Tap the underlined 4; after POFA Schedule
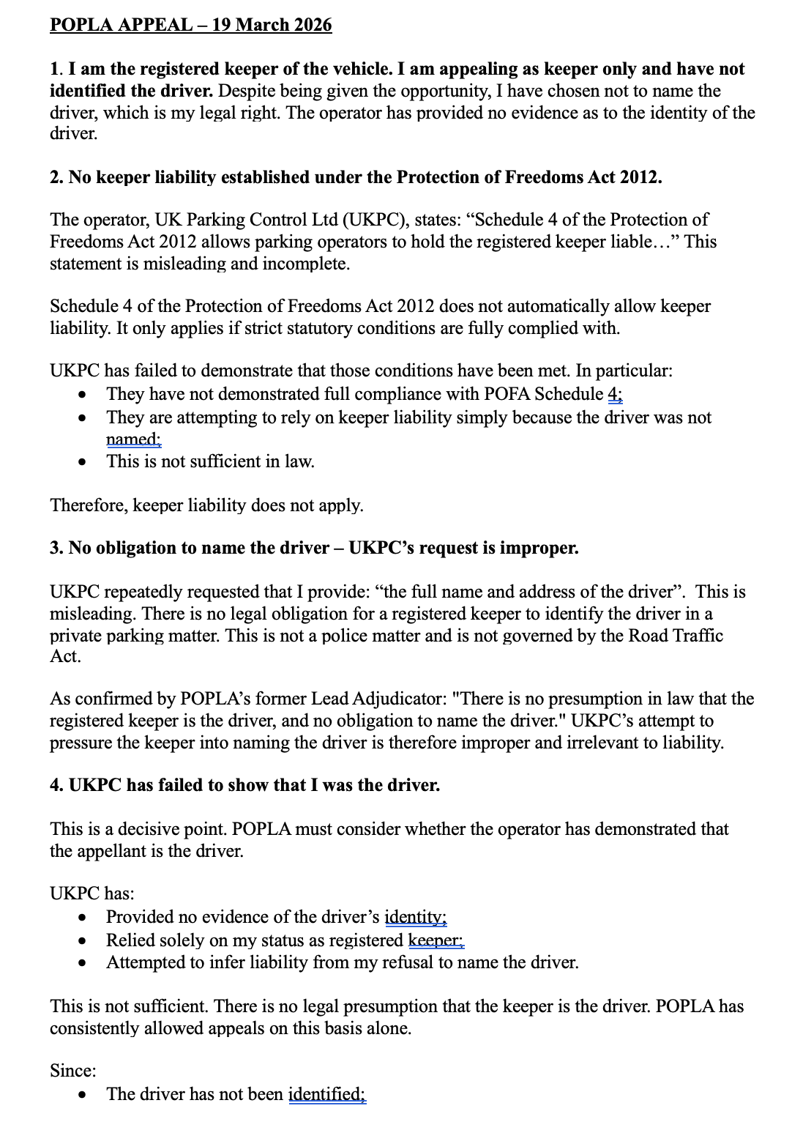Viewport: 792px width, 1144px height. [615, 394]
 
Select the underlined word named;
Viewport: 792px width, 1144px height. [134, 439]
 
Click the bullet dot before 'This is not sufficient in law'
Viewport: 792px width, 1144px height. [86, 462]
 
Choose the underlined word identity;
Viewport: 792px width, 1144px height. [416, 917]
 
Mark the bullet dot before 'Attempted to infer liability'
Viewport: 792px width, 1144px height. [86, 963]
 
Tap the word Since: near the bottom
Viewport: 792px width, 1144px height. [73, 1071]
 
